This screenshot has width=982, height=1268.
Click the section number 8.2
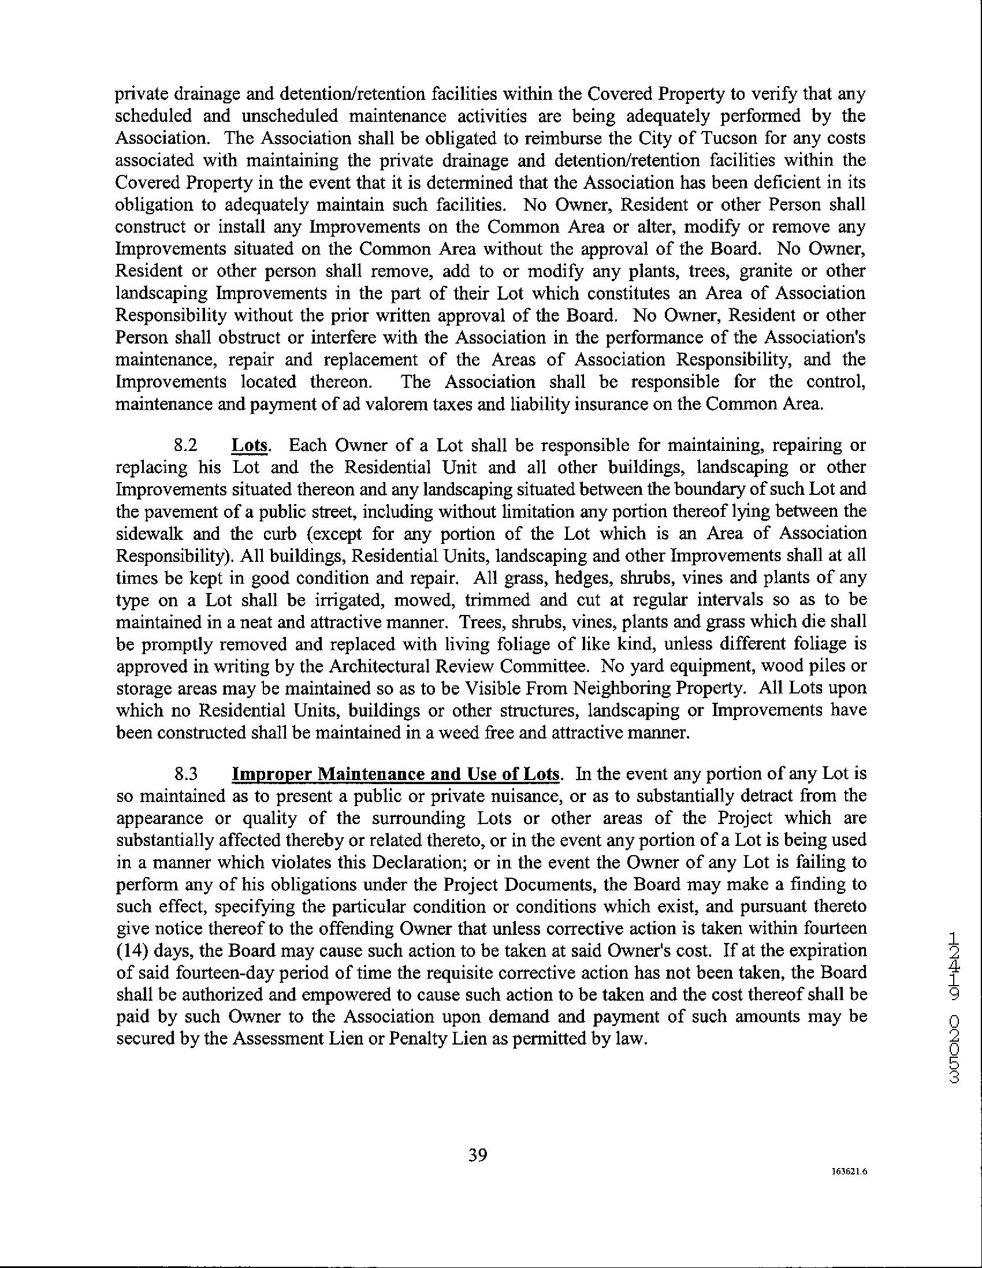pyautogui.click(x=187, y=446)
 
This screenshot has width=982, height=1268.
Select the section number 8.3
pyautogui.click(x=187, y=774)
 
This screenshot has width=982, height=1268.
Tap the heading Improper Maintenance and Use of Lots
pyautogui.click(x=397, y=774)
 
